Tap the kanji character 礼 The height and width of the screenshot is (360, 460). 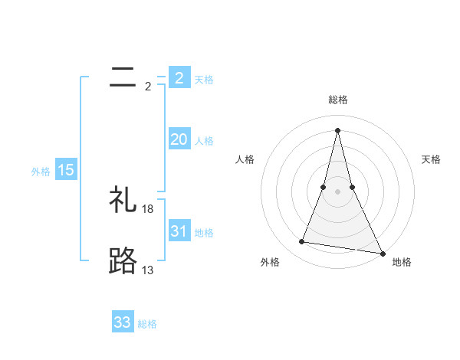[x=123, y=200]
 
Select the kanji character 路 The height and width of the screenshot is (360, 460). [x=123, y=261]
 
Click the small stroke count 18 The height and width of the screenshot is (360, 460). [x=148, y=208]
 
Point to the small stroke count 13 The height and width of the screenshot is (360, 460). [x=148, y=270]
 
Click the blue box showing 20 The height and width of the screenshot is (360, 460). [x=179, y=139]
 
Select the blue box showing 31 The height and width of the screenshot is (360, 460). [x=179, y=231]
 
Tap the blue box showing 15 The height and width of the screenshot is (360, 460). [x=65, y=170]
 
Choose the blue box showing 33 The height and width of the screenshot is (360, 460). [x=123, y=322]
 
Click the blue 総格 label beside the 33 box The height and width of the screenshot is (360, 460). [x=147, y=324]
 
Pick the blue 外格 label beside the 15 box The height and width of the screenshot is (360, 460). [x=41, y=172]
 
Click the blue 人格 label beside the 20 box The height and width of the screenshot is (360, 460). [x=204, y=141]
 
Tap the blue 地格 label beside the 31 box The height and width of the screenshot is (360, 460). [x=204, y=233]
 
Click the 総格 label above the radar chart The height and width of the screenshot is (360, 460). [x=337, y=100]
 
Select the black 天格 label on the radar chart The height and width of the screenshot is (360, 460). [x=431, y=159]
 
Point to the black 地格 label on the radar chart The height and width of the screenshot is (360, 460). [x=402, y=262]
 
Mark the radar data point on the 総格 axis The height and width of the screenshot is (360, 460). [x=337, y=129]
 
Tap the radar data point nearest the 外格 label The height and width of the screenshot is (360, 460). [x=302, y=242]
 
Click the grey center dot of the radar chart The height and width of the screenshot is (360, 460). [x=337, y=191]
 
